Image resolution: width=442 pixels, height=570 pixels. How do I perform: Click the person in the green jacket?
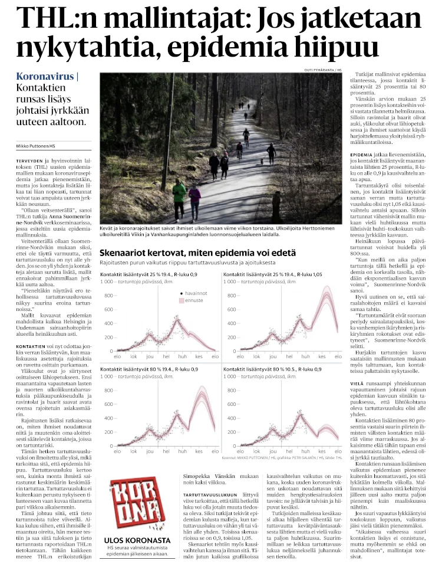tap(179, 196)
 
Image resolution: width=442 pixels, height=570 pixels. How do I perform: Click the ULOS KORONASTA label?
tap(133, 539)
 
